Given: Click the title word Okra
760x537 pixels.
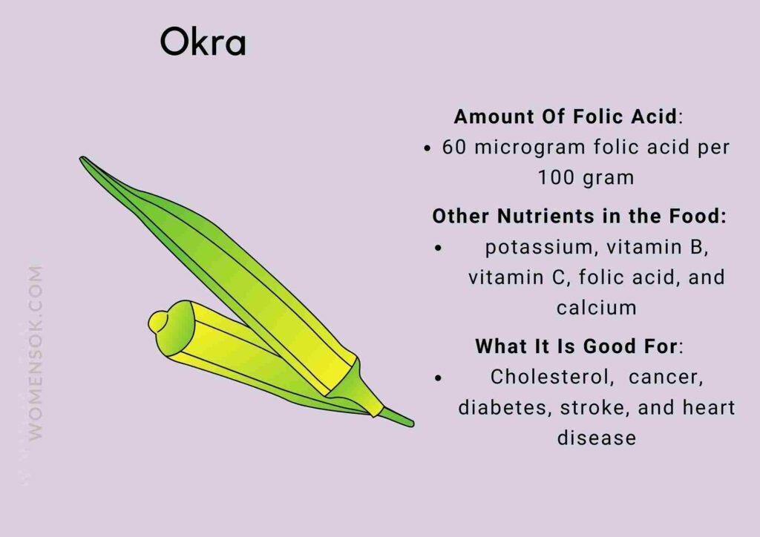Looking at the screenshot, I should (x=203, y=45).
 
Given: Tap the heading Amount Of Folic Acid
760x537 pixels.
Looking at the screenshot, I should (x=565, y=117).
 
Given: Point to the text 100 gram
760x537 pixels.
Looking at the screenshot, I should (x=586, y=178).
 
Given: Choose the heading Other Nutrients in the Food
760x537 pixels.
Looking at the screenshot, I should (x=578, y=217).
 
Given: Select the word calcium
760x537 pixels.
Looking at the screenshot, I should (x=596, y=308).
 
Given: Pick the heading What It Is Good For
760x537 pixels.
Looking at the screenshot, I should (x=575, y=346).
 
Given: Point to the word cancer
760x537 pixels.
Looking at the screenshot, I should (x=664, y=377).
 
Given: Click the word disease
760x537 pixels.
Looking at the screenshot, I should (x=596, y=438).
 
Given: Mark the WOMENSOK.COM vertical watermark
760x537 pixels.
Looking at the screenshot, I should (x=36, y=352).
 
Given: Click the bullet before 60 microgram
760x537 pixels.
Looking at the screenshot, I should (x=427, y=148).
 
